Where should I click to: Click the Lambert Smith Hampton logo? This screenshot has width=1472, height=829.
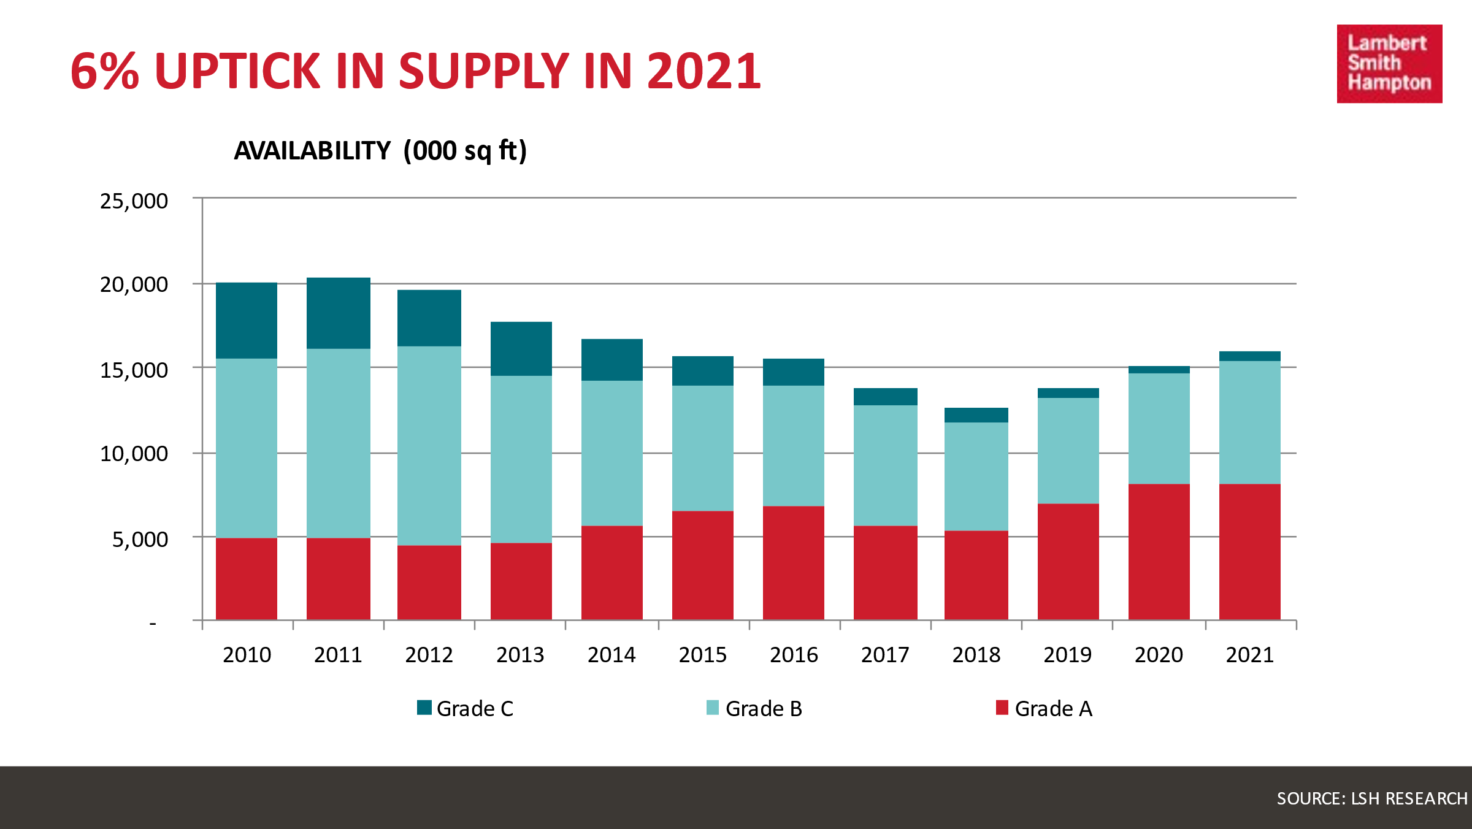pos(1389,64)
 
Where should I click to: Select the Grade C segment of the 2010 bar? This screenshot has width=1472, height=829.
pos(247,321)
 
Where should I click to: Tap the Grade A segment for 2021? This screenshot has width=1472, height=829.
pos(1249,552)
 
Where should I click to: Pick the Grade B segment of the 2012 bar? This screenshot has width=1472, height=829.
pos(429,446)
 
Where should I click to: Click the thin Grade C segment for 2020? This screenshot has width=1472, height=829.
pos(1159,370)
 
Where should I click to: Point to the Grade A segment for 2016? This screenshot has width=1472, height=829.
pos(794,563)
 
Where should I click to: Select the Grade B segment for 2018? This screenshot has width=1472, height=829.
pos(976,476)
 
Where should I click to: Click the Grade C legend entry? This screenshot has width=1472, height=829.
pos(465,709)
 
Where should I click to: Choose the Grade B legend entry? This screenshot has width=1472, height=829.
pos(754,709)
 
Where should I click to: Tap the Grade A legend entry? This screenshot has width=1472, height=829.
pos(1044,709)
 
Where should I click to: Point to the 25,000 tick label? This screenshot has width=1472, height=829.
pos(134,201)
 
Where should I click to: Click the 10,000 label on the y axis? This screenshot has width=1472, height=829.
pos(134,454)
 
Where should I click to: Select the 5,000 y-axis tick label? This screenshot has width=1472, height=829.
pos(140,540)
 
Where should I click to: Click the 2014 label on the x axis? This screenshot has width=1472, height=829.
pos(611,655)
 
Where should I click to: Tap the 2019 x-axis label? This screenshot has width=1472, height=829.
pos(1067,655)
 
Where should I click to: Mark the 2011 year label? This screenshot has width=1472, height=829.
pos(338,655)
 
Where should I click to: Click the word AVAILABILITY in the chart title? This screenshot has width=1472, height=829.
pos(312,151)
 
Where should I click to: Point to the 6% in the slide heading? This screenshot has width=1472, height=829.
pos(104,71)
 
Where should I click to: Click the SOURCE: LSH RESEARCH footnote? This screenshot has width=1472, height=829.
pos(1372,798)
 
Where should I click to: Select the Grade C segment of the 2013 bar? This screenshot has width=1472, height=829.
pos(521,349)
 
